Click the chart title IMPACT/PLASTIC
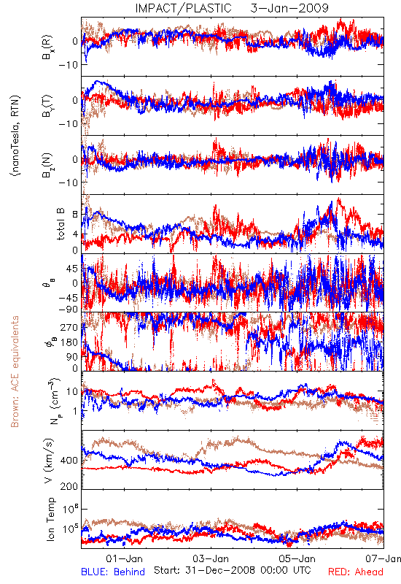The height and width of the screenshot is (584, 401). pyautogui.click(x=183, y=8)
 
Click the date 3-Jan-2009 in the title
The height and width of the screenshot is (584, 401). pyautogui.click(x=289, y=8)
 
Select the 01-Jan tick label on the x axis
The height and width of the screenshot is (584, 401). pyautogui.click(x=124, y=558)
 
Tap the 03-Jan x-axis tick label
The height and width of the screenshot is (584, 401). pyautogui.click(x=211, y=558)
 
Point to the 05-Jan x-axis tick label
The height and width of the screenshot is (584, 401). pyautogui.click(x=297, y=558)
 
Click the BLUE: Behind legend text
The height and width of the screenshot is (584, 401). pyautogui.click(x=113, y=572)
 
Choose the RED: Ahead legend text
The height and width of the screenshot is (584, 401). pyautogui.click(x=356, y=572)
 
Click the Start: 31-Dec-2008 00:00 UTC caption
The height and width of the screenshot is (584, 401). pyautogui.click(x=233, y=570)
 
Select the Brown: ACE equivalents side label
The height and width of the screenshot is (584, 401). pyautogui.click(x=15, y=372)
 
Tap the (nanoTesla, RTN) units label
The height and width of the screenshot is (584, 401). pyautogui.click(x=15, y=135)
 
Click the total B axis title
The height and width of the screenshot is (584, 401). pyautogui.click(x=61, y=224)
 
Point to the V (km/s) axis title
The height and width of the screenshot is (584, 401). pyautogui.click(x=49, y=461)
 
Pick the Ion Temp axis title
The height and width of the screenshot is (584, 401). pyautogui.click(x=50, y=519)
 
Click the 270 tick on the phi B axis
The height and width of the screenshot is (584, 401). pyautogui.click(x=69, y=327)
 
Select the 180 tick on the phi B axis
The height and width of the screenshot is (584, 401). pyautogui.click(x=69, y=342)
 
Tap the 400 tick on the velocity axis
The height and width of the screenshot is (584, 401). pyautogui.click(x=69, y=461)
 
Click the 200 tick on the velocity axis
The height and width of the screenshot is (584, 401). pyautogui.click(x=69, y=486)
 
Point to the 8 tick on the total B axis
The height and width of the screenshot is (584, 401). pyautogui.click(x=75, y=215)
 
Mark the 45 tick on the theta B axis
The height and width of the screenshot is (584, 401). pyautogui.click(x=72, y=269)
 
